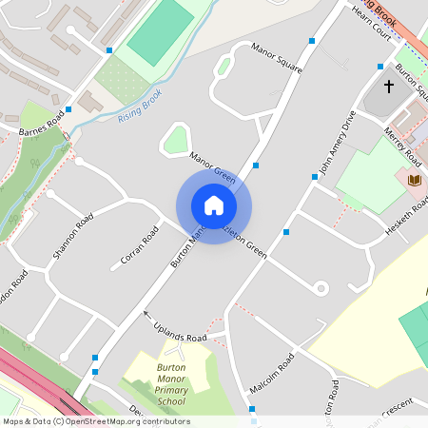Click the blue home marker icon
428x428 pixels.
click(x=214, y=205)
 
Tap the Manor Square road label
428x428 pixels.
click(x=276, y=57)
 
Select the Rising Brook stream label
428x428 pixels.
click(x=140, y=105)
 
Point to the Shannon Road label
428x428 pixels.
click(x=73, y=237)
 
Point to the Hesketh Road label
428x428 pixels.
click(x=406, y=218)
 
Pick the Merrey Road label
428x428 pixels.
click(x=403, y=143)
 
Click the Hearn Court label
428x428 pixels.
click(x=372, y=21)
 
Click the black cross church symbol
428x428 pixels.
click(x=388, y=87)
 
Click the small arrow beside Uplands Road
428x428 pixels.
click(x=146, y=313)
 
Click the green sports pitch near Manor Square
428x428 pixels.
click(x=160, y=31)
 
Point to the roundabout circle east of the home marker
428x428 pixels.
click(x=321, y=287)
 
